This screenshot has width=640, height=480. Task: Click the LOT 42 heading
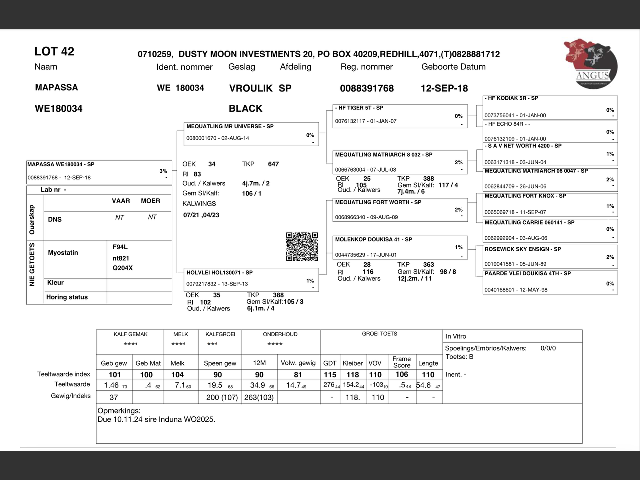[x=54, y=51]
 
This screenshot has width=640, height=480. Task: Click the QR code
[x=302, y=246]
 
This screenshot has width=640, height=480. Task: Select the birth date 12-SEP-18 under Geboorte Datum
[x=444, y=88]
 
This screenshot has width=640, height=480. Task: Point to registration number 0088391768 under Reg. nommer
[x=367, y=88]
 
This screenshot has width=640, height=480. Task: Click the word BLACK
[x=245, y=108]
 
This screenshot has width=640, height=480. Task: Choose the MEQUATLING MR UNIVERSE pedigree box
[x=251, y=134]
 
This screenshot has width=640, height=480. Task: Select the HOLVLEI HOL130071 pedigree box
[x=251, y=280]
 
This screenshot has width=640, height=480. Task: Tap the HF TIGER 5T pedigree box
[x=400, y=116]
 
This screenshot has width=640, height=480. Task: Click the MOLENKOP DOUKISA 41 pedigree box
[x=400, y=247]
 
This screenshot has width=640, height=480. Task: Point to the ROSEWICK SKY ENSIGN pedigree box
[x=550, y=257]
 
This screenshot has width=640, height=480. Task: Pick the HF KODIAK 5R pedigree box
[x=550, y=107]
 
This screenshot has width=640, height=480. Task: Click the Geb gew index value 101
[x=115, y=375]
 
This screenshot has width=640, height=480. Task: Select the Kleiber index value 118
[x=353, y=375]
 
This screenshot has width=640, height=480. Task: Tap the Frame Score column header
[x=402, y=362]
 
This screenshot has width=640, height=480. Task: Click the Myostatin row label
[x=63, y=253]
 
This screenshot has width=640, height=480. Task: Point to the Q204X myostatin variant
[x=123, y=268]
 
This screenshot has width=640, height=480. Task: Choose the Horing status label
[x=67, y=297]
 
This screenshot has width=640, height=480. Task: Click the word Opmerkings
[x=119, y=411]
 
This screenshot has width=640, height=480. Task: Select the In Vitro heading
[x=456, y=336]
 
